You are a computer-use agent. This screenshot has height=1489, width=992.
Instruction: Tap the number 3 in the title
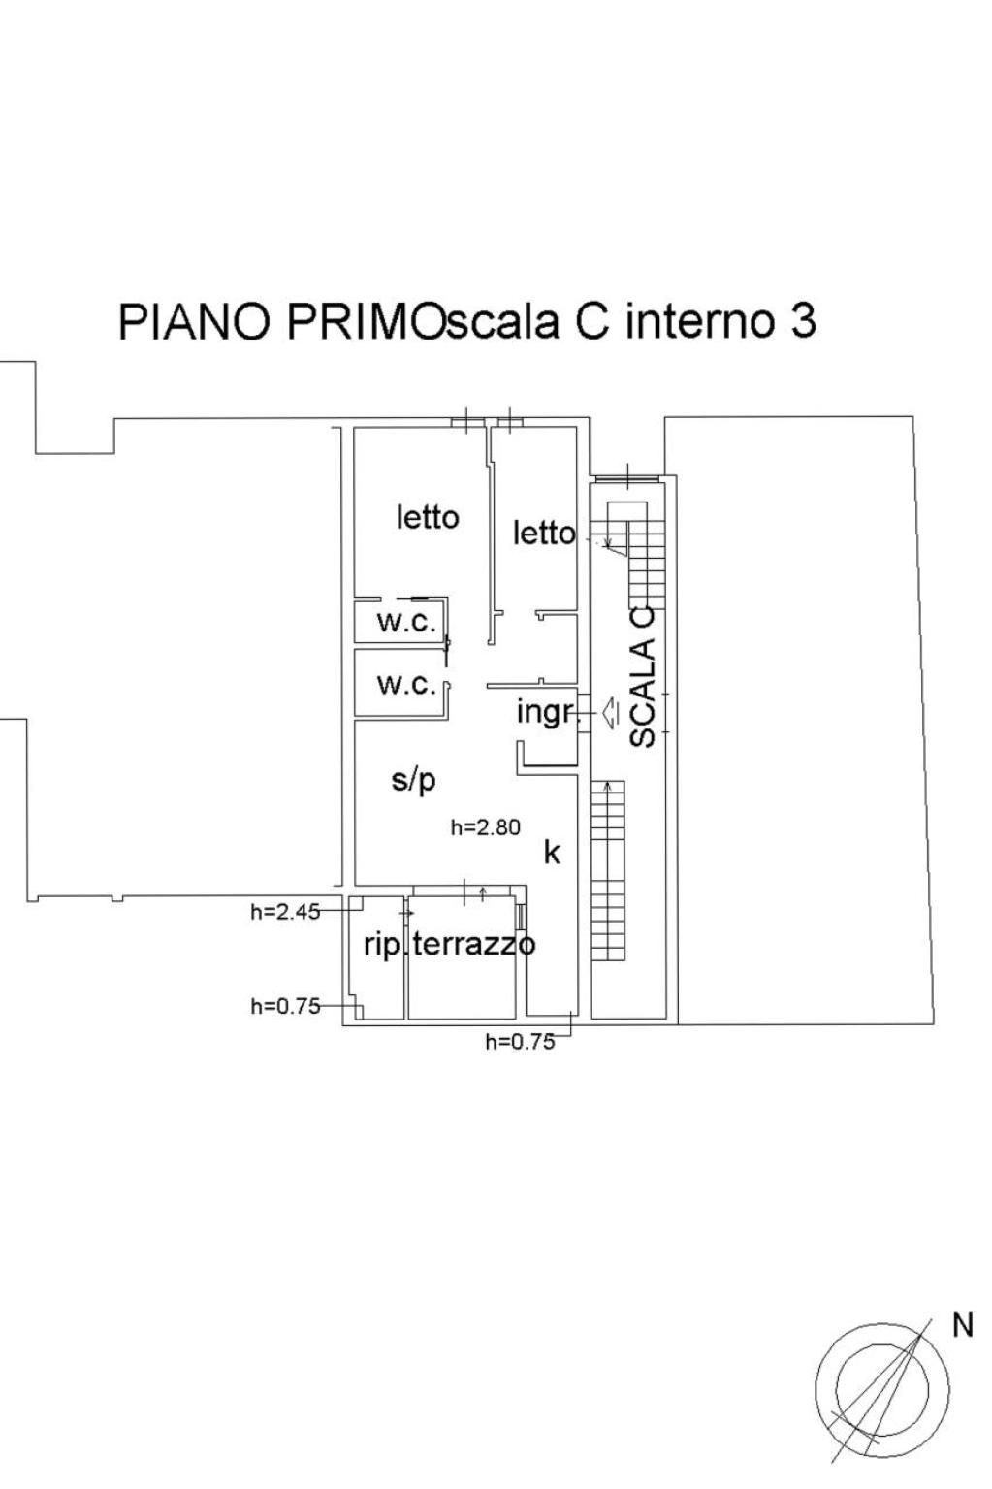click(803, 322)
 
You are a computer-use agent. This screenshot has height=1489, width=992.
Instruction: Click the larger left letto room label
click(428, 516)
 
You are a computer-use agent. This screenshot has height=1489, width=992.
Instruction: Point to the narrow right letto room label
click(543, 534)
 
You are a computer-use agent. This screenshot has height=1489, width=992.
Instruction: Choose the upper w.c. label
click(406, 623)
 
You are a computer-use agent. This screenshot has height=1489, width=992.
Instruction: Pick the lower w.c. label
click(406, 684)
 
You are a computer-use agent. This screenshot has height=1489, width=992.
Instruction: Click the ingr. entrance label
click(546, 713)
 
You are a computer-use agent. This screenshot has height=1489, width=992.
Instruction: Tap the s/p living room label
click(413, 781)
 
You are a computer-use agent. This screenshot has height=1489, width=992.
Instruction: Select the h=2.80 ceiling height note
click(485, 827)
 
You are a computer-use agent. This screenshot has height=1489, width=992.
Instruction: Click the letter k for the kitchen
click(552, 853)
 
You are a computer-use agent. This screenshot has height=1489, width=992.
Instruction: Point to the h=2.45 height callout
click(285, 912)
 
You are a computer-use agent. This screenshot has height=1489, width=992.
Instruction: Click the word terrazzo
click(473, 944)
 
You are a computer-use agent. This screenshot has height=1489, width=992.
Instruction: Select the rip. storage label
click(385, 946)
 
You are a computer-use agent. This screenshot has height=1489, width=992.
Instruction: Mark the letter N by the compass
click(963, 1325)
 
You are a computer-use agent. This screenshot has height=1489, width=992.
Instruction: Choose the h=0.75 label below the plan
click(520, 1042)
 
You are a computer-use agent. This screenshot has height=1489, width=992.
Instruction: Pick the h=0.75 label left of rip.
click(285, 1006)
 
